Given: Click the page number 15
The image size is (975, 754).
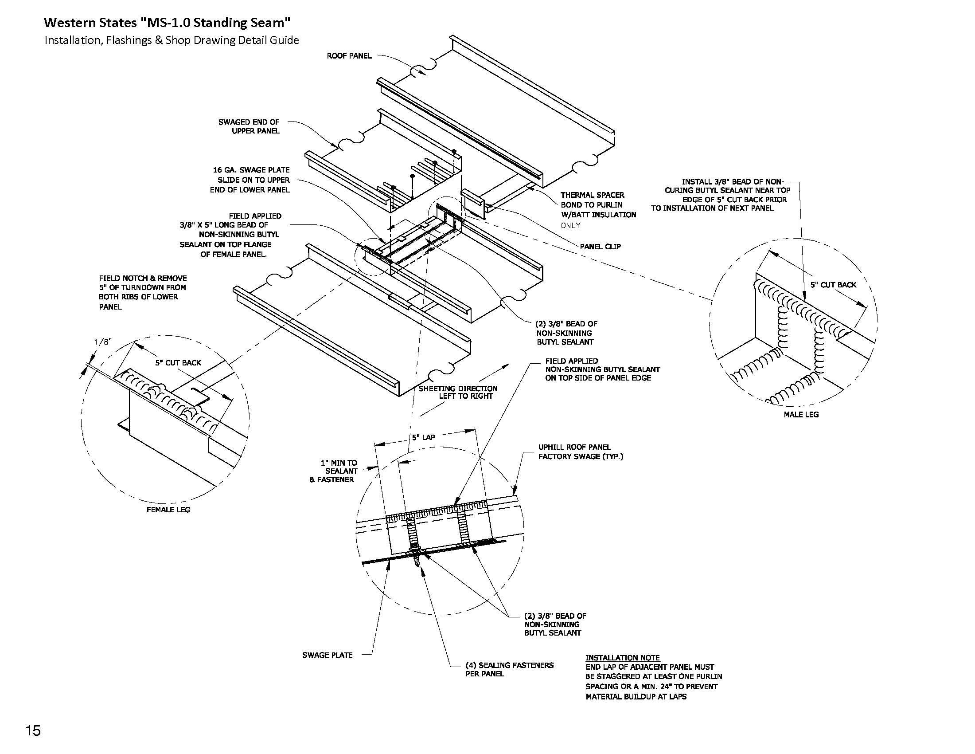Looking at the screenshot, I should (34, 731).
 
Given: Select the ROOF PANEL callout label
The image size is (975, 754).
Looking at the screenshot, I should (349, 56).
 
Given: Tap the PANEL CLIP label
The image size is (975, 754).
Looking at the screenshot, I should (600, 247).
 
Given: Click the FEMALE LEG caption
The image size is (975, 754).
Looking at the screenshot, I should (168, 510).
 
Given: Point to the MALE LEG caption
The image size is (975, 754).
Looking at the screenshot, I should (801, 415).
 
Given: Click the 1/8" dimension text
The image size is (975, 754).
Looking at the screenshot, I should (103, 342).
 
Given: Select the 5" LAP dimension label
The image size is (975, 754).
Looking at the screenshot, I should (423, 437).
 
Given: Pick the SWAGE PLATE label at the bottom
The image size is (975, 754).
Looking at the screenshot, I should (327, 655).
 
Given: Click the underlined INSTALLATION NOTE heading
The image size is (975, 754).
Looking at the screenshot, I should (622, 657).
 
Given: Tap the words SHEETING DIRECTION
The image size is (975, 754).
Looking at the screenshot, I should (458, 389).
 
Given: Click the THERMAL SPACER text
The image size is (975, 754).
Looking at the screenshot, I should (593, 195).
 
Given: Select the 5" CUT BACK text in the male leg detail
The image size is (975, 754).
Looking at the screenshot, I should (833, 285).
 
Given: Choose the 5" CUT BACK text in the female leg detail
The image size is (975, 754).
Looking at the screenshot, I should (178, 363).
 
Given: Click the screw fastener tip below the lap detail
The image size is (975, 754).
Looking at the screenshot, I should (417, 564).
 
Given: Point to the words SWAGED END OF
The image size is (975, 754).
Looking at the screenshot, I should (249, 122).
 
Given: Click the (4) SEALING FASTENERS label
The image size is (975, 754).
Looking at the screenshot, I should (509, 665).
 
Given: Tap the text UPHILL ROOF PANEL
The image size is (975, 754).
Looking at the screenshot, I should (574, 447).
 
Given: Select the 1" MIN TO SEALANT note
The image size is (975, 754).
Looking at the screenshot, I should (339, 467).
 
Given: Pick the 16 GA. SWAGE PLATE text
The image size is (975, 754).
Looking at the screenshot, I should (251, 170).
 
